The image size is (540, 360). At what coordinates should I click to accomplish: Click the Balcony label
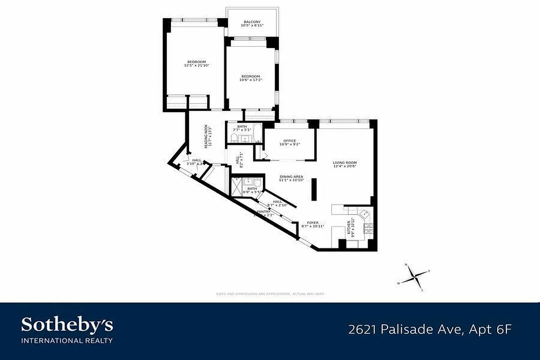[251, 22]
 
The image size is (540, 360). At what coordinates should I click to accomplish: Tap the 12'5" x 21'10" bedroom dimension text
[197, 66]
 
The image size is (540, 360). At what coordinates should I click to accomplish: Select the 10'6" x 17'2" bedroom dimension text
[250, 80]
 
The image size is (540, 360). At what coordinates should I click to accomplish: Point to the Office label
[289, 141]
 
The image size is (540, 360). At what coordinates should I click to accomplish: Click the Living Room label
[345, 162]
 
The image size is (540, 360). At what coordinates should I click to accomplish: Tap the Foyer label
[313, 222]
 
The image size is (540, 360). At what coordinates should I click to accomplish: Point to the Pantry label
[263, 211]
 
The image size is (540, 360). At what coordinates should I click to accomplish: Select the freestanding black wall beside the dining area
[314, 189]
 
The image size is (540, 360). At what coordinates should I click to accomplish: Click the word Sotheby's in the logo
[67, 325]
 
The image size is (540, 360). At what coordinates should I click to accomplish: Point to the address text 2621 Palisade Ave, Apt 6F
[430, 330]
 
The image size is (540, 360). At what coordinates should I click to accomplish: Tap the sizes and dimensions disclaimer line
[270, 294]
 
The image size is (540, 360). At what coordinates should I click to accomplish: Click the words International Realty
[67, 340]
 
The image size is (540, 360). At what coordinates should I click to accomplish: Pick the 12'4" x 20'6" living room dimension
[345, 166]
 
